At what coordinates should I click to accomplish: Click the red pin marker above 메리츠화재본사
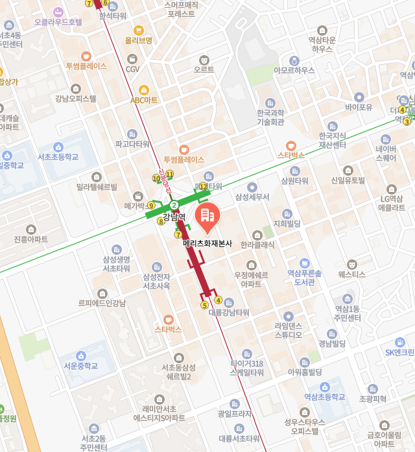point(207,218)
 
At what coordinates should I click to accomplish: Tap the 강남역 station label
point(174,217)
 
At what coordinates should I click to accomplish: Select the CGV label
point(132,69)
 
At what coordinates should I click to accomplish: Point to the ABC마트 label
point(144,100)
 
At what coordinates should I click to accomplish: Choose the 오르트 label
point(204,69)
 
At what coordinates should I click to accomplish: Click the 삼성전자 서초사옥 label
point(156,281)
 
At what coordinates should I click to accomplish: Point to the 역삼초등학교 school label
point(326,396)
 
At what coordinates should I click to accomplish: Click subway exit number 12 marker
point(203,187)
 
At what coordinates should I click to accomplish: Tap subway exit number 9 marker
point(151,206)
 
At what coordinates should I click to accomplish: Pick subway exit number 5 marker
point(204,305)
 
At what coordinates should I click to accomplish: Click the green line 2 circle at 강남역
point(174,205)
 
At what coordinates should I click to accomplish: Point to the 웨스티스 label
point(351,274)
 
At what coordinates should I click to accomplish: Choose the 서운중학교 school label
point(80,366)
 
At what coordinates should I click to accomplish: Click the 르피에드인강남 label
point(102,302)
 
